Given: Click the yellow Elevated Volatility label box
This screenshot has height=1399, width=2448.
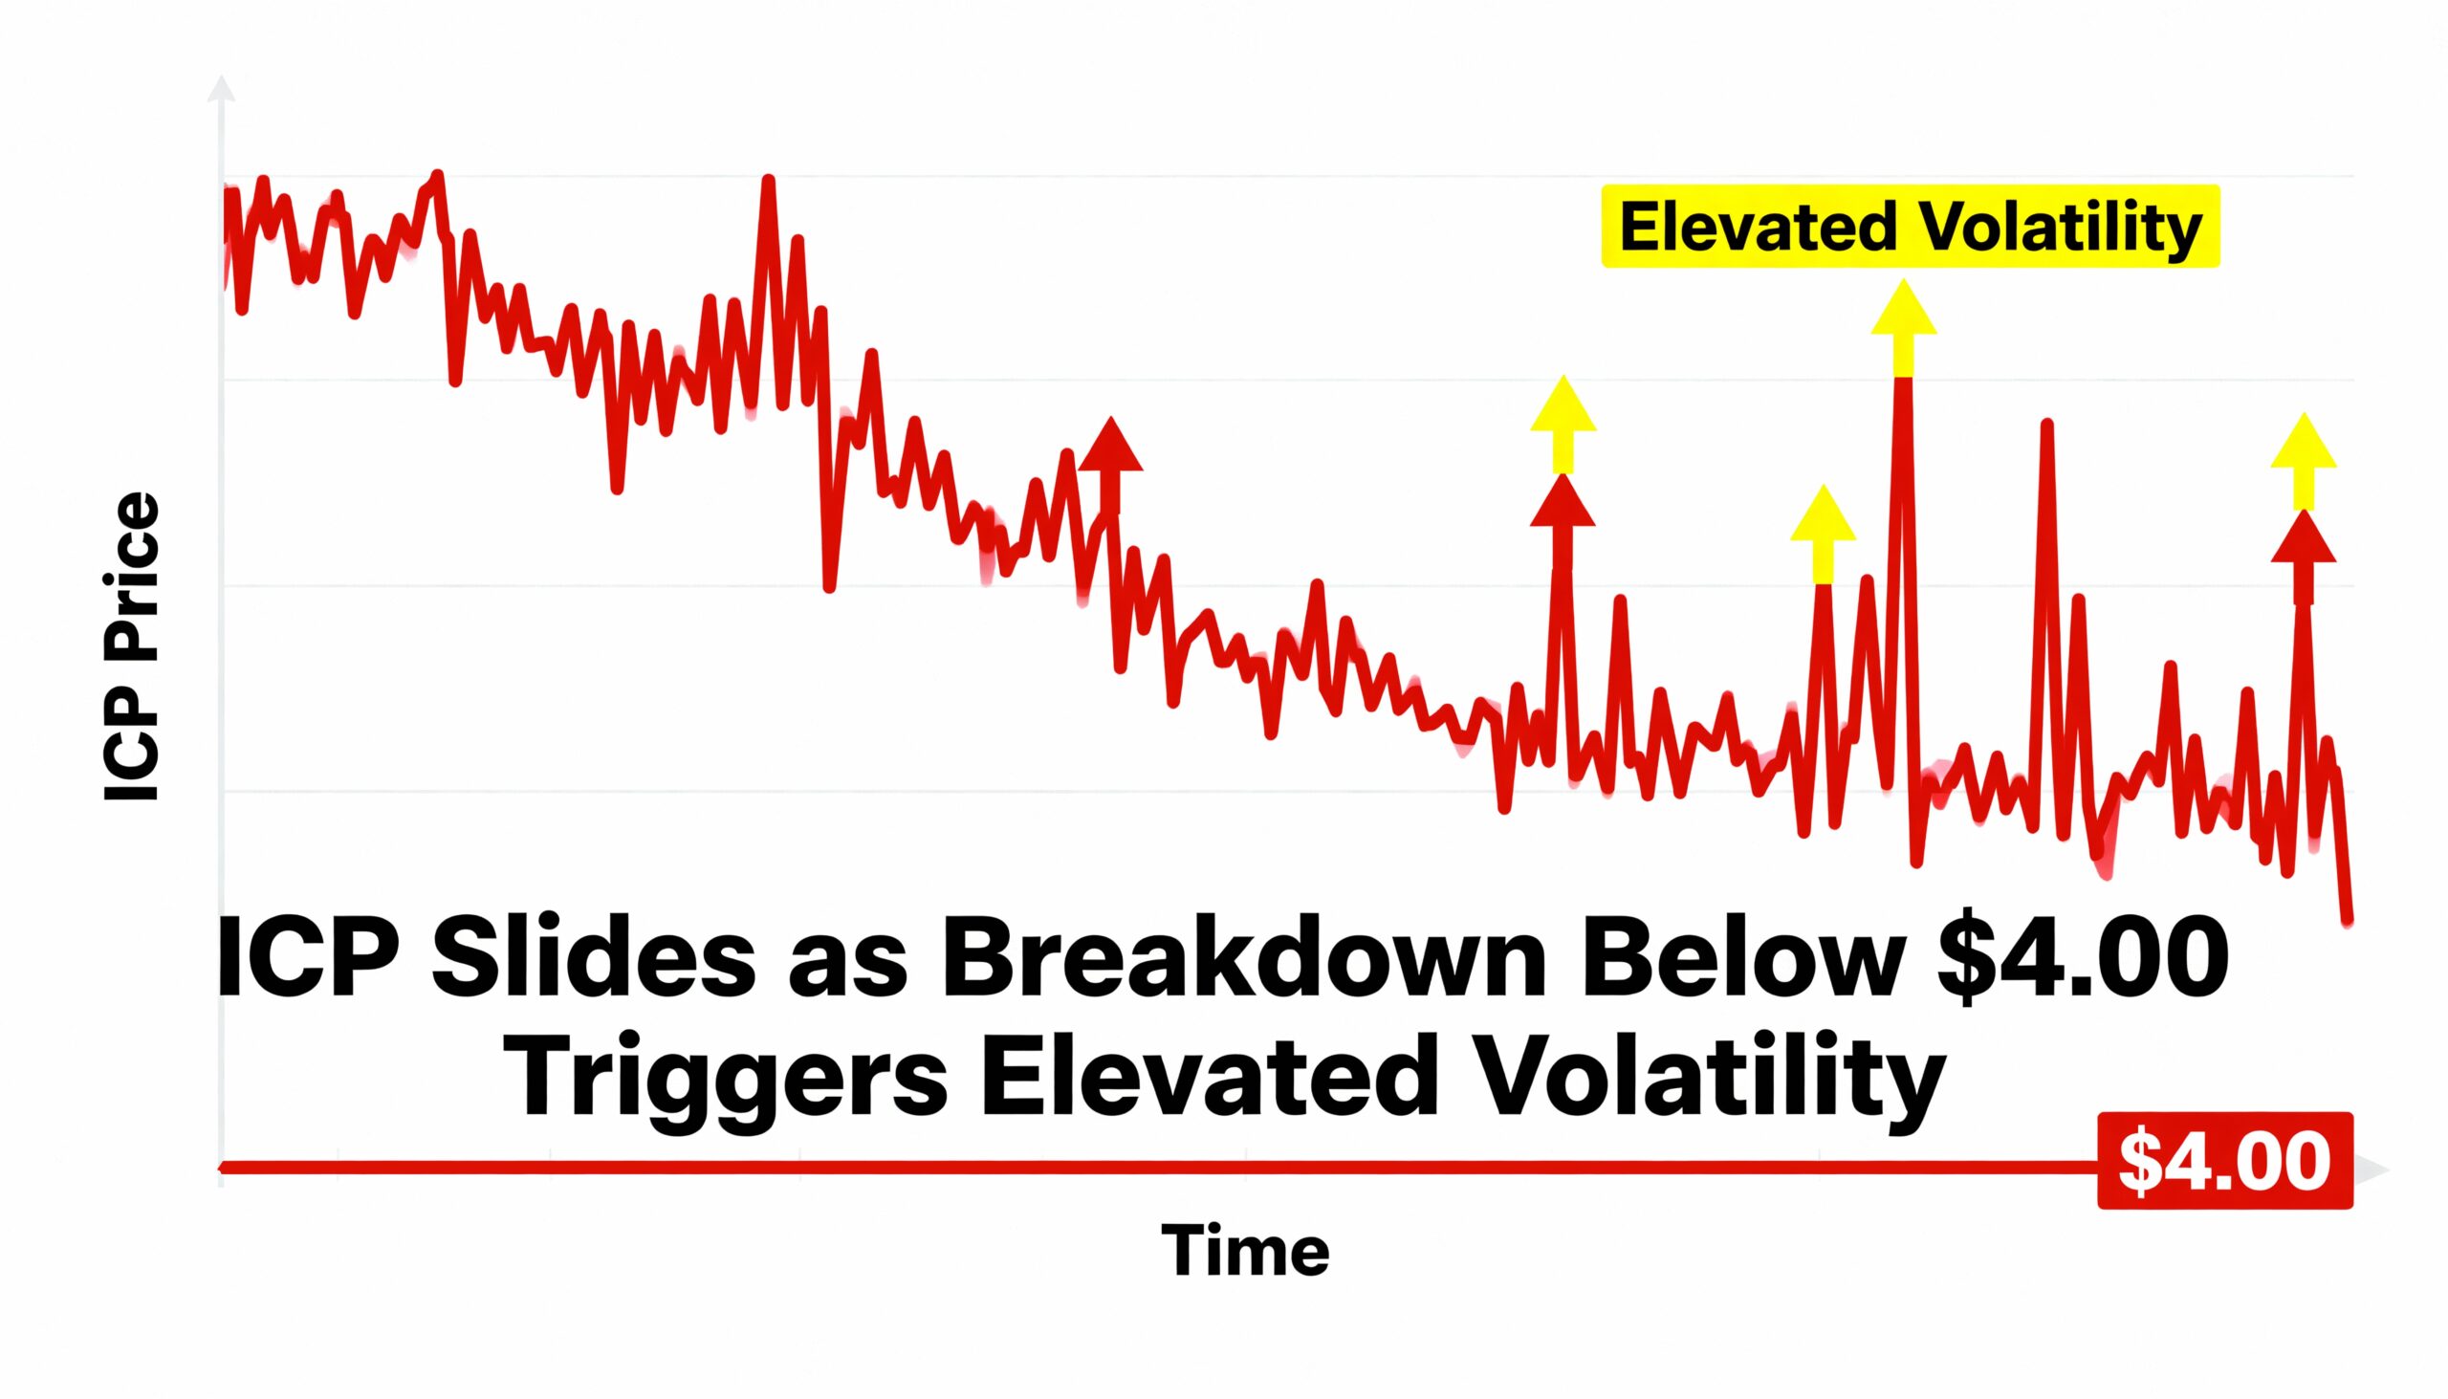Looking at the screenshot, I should tap(1909, 227).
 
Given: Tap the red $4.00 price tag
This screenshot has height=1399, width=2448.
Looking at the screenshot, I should tap(2224, 1162).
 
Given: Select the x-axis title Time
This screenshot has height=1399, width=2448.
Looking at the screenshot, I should tap(1245, 1251).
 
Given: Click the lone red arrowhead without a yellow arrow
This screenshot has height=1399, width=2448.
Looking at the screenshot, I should tap(1110, 448).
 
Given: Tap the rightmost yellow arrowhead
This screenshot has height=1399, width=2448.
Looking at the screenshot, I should tap(2303, 445).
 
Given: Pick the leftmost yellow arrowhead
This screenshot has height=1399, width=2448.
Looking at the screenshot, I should tap(1563, 407).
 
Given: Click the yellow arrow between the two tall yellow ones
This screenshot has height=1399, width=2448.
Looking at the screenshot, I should tap(1823, 519).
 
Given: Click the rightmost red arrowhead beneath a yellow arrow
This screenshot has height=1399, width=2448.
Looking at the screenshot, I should tap(2303, 540).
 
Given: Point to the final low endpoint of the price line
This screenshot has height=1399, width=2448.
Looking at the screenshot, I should tap(2348, 921).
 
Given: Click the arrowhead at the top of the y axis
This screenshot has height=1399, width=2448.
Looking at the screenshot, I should tap(221, 88).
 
